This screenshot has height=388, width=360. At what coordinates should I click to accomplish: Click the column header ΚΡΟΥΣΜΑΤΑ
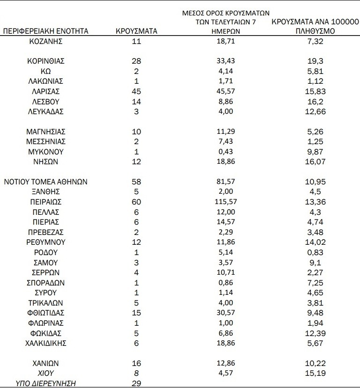[136, 31]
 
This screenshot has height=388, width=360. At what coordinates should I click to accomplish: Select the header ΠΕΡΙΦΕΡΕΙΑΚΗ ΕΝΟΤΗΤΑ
[45, 31]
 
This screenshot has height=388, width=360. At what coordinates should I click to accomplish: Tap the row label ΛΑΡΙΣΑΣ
[45, 91]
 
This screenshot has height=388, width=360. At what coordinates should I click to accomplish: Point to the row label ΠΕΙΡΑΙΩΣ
[45, 202]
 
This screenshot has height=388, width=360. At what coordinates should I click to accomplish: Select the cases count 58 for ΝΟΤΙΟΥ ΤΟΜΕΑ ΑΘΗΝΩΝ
[136, 182]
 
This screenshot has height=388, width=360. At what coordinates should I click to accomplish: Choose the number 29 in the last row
[136, 383]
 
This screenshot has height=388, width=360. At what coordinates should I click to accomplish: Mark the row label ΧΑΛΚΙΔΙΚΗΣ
[45, 343]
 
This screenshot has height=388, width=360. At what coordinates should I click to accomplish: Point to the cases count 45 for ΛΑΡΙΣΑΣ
[136, 91]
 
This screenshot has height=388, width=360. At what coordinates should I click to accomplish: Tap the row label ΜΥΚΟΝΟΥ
[45, 152]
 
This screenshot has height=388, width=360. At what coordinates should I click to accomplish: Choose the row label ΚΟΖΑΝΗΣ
[45, 41]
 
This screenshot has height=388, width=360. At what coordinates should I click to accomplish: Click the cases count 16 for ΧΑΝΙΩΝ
[136, 363]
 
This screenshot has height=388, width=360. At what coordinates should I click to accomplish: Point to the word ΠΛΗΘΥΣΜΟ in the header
[315, 31]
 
